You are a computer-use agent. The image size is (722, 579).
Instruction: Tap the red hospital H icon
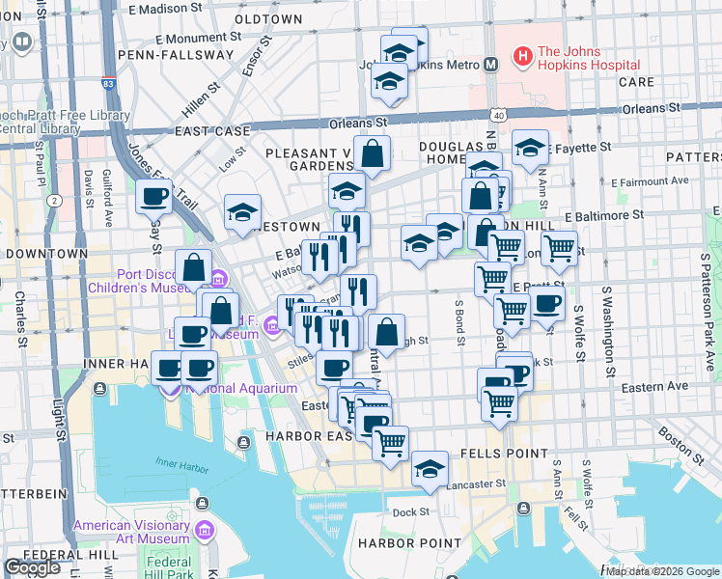521,58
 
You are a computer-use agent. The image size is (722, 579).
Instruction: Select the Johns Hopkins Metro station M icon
490,65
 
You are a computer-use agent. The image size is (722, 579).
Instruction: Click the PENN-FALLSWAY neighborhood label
176,55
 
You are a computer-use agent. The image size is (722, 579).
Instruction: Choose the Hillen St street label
201,97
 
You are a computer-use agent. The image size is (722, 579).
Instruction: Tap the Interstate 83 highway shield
108,85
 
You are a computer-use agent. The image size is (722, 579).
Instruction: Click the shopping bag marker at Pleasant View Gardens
372,152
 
